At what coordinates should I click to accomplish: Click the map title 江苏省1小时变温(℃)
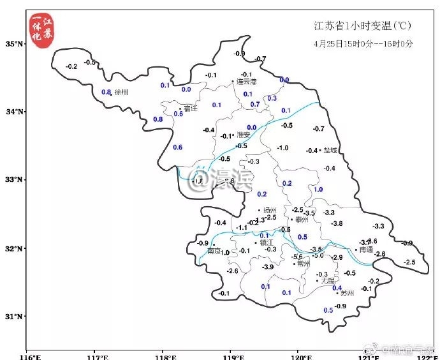(x=362, y=26)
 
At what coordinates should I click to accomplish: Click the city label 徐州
(x=121, y=93)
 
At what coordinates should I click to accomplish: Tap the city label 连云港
(x=246, y=82)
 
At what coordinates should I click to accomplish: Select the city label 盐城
(x=331, y=151)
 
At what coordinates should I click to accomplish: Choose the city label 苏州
(x=347, y=294)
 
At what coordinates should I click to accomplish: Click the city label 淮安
(x=244, y=135)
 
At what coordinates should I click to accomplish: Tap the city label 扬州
(x=270, y=210)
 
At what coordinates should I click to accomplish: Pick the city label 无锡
(x=328, y=280)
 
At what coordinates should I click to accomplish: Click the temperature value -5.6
(x=297, y=257)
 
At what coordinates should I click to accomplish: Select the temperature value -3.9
(x=268, y=267)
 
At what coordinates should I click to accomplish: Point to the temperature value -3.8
(x=337, y=223)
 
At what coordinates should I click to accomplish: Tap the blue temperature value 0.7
(x=255, y=104)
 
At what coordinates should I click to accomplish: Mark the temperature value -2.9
(x=337, y=257)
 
